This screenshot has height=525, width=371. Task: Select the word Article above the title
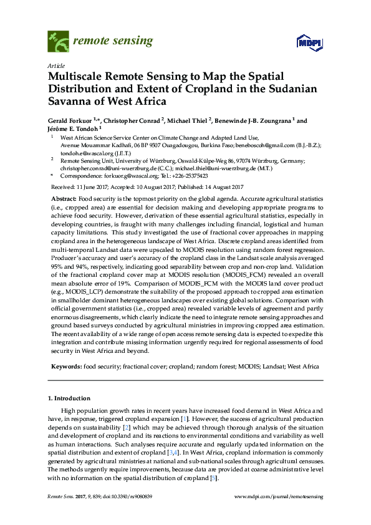[x=55, y=65]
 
